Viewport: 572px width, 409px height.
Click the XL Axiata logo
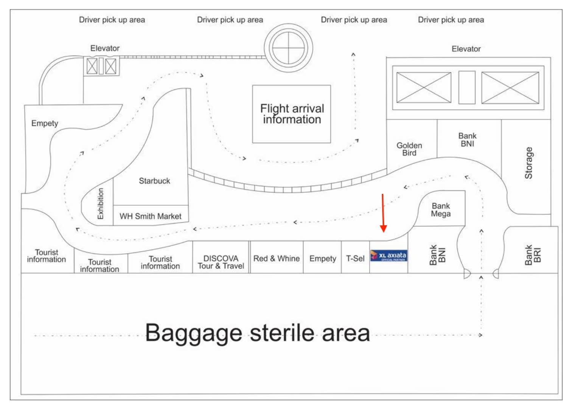tap(389, 256)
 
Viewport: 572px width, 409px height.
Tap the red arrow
tap(383, 214)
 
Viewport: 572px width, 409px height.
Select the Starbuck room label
tap(154, 181)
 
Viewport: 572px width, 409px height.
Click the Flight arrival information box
tap(291, 114)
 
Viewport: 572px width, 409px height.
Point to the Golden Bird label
tap(409, 149)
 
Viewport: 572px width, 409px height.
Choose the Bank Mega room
tap(441, 210)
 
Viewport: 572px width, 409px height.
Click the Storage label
tap(528, 163)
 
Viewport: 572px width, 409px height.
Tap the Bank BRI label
tap(533, 255)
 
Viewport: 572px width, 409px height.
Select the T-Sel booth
tap(355, 259)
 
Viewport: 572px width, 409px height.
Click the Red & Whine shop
tap(276, 259)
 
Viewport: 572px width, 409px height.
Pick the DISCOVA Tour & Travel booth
tap(221, 262)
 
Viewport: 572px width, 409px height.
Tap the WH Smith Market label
tap(151, 216)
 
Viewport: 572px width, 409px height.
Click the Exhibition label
tap(100, 203)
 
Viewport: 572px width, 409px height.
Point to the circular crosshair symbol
tap(288, 48)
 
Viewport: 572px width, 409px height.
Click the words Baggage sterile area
tap(257, 333)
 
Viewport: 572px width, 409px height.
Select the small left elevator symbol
tap(101, 66)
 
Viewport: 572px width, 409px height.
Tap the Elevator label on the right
tap(466, 49)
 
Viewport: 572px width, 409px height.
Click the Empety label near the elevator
tap(45, 123)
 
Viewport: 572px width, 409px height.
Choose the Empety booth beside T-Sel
tap(322, 259)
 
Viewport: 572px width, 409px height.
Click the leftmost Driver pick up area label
tap(112, 20)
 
